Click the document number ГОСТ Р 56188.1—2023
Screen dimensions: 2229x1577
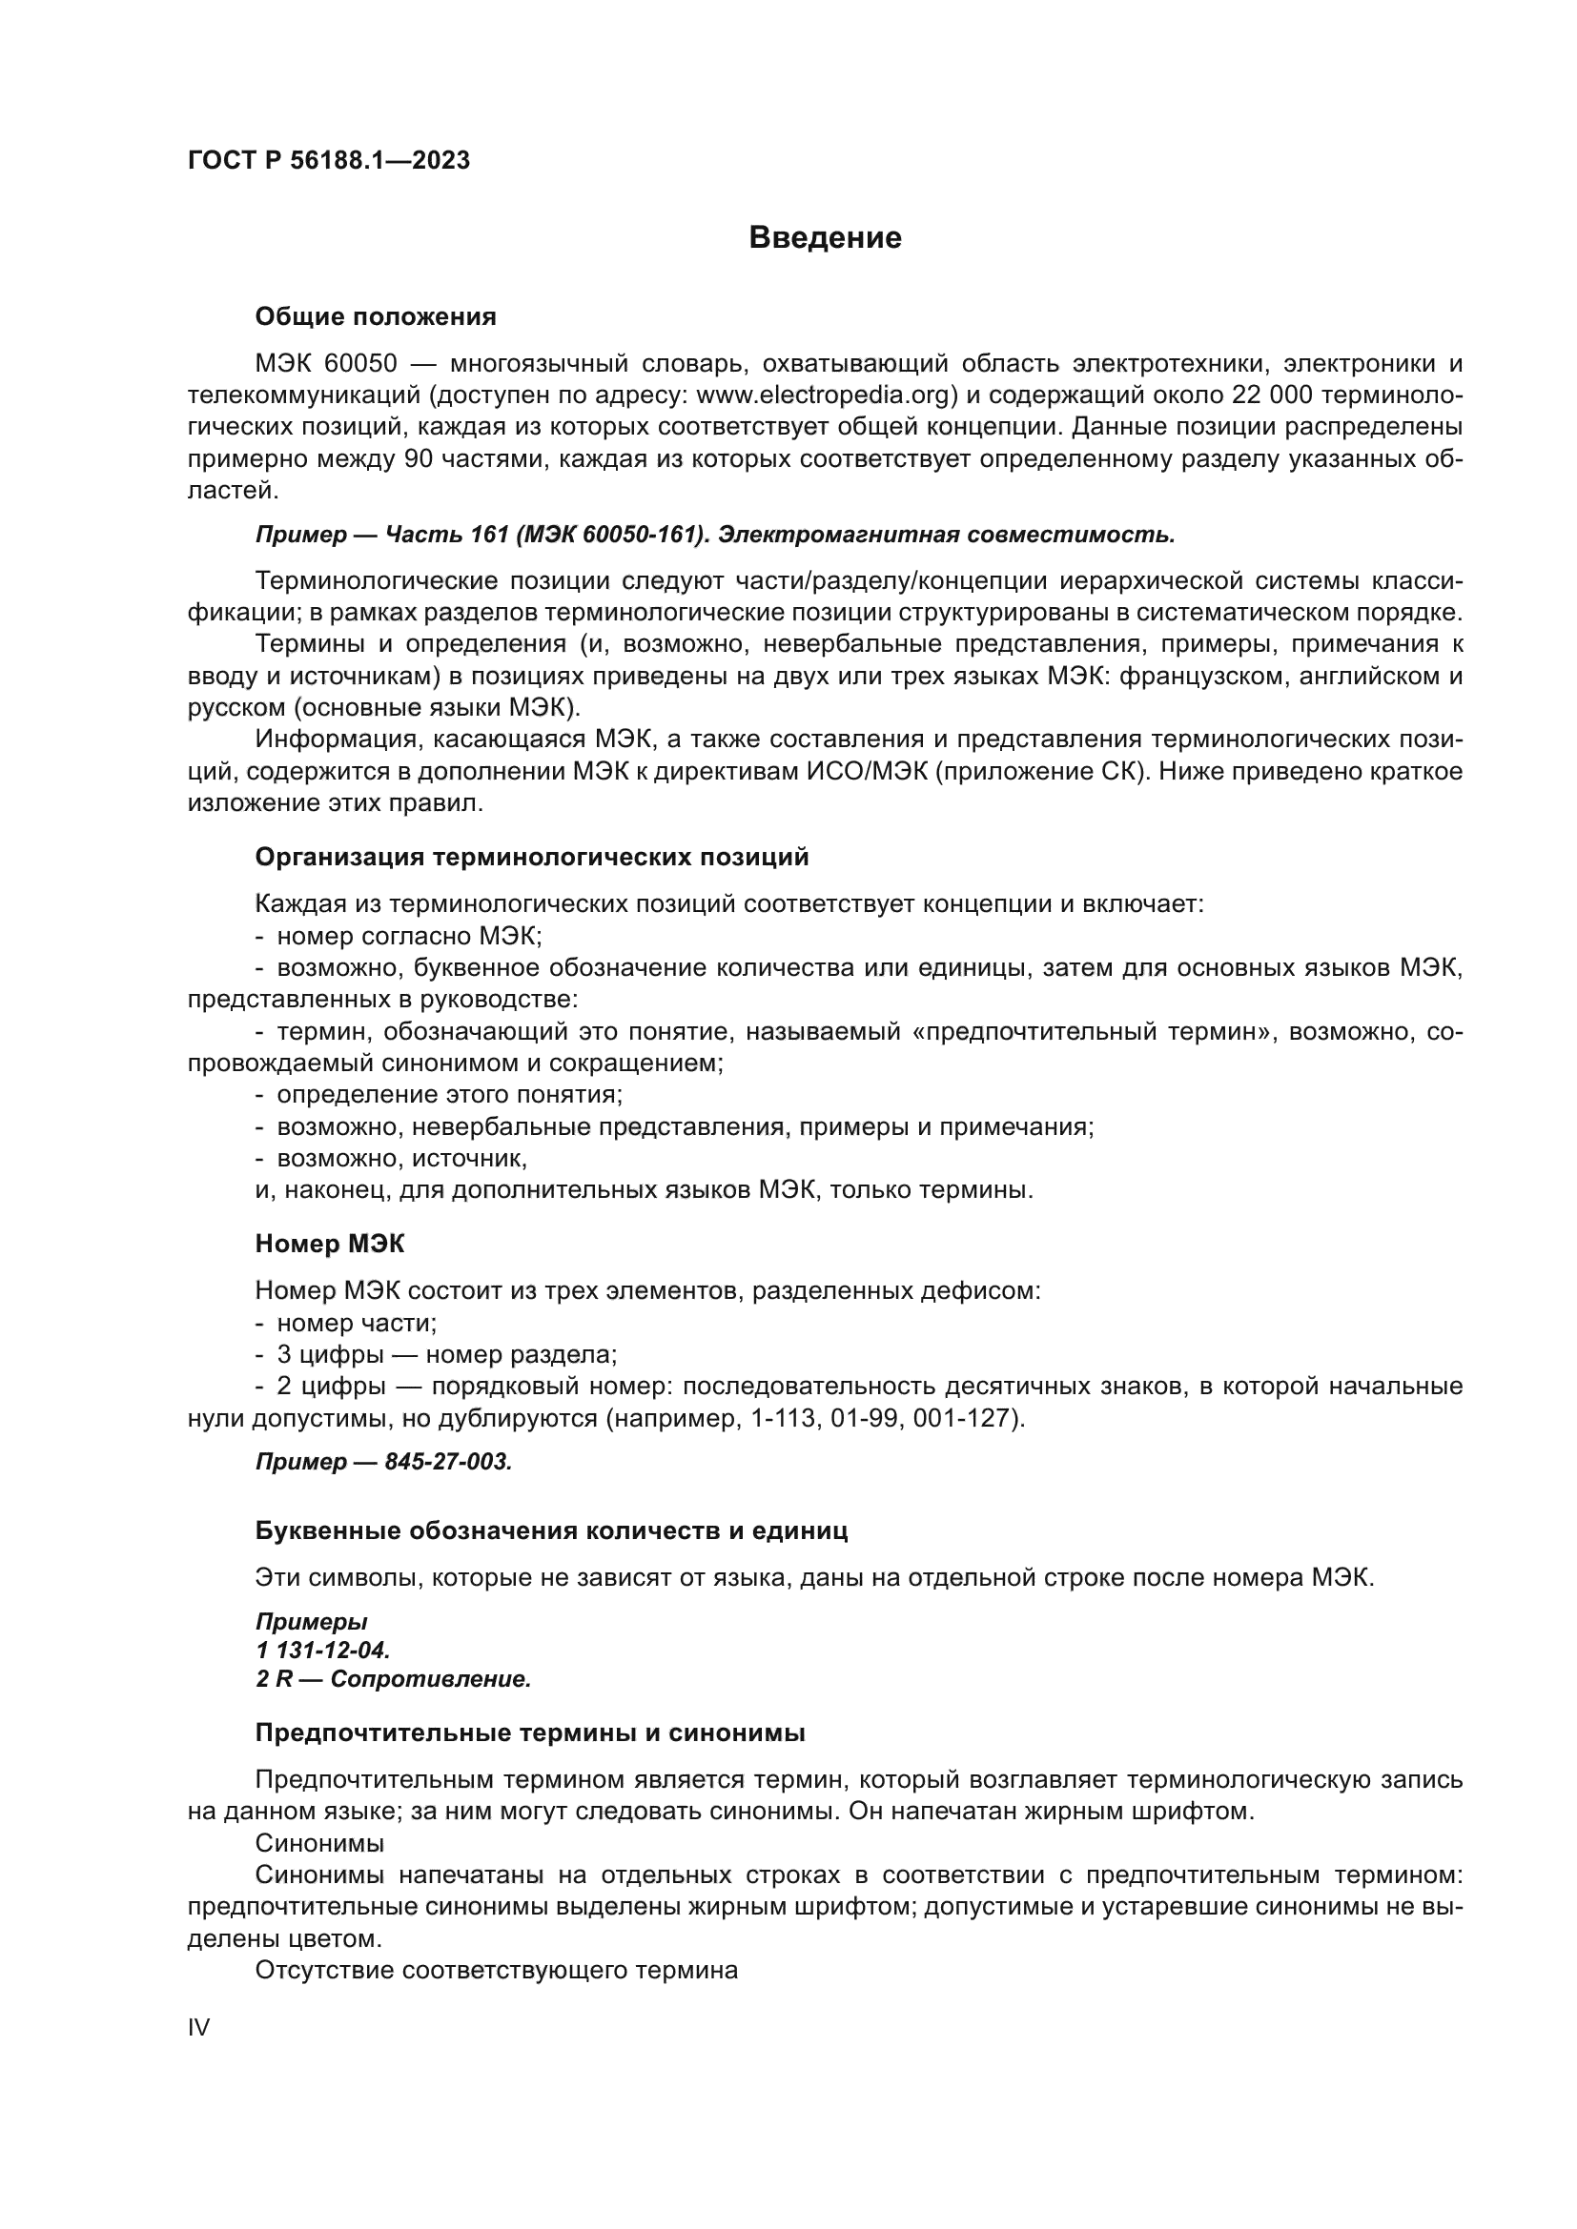pos(328,161)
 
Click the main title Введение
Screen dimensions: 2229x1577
pos(825,238)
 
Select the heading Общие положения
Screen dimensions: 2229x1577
pos(375,316)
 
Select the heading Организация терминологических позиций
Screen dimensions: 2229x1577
pos(531,858)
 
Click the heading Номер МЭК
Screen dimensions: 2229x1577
pos(329,1244)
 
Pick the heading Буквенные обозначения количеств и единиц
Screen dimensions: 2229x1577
pos(550,1531)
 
